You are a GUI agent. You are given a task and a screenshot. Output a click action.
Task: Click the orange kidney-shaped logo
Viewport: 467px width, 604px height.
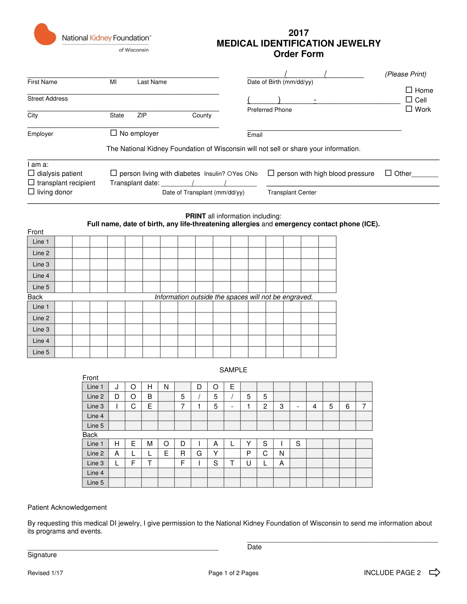pyautogui.click(x=45, y=34)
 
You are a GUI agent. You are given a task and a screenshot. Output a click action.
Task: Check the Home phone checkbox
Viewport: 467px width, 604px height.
pyautogui.click(x=409, y=90)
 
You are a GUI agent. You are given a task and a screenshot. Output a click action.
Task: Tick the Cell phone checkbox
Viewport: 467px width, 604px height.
pyautogui.click(x=409, y=99)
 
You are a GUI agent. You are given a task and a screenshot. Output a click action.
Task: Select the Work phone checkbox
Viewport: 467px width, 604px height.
pyautogui.click(x=409, y=109)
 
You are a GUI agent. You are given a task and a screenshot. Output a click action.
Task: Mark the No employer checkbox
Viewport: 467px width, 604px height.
pyautogui.click(x=113, y=133)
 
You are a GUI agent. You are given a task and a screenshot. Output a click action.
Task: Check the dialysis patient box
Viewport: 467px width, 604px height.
pyautogui.click(x=31, y=173)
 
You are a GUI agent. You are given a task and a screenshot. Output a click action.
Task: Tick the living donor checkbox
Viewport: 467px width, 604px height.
pyautogui.click(x=31, y=191)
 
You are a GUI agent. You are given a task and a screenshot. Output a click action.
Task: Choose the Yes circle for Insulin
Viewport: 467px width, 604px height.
pyautogui.click(x=229, y=174)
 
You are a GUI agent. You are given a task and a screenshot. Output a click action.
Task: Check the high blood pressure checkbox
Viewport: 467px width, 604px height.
pyautogui.click(x=271, y=173)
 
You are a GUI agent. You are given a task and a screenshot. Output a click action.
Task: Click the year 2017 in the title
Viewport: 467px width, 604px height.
pyautogui.click(x=298, y=33)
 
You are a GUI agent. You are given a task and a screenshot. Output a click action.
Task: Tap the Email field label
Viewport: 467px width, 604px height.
pyautogui.click(x=255, y=135)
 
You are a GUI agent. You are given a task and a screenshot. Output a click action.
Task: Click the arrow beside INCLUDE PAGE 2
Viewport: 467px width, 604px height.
pyautogui.click(x=434, y=572)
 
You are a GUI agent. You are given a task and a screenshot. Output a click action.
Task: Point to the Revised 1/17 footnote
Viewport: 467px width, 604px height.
pyautogui.click(x=45, y=573)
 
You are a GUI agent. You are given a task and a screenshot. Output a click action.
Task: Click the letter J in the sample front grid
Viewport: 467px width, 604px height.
pyautogui.click(x=116, y=387)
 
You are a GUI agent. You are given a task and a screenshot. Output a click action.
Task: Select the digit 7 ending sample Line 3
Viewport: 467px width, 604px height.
pyautogui.click(x=364, y=406)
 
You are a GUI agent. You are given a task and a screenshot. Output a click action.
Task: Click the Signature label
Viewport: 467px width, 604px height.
pyautogui.click(x=42, y=555)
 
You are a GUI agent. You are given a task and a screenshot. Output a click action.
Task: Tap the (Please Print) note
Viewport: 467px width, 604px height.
pyautogui.click(x=405, y=74)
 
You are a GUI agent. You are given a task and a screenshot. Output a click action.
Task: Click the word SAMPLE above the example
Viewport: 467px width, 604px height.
pyautogui.click(x=233, y=370)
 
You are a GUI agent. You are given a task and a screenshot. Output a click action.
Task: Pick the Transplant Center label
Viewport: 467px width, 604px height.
pyautogui.click(x=291, y=192)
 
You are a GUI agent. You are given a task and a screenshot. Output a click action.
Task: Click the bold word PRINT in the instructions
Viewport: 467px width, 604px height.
pyautogui.click(x=195, y=216)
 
